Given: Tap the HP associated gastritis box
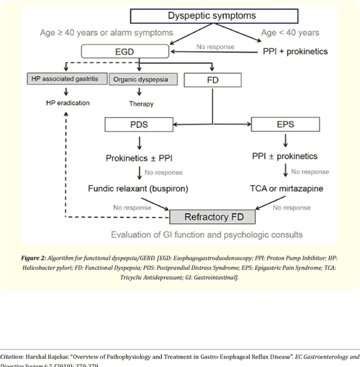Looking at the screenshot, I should [66, 78].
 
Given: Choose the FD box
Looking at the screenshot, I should [212, 78].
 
